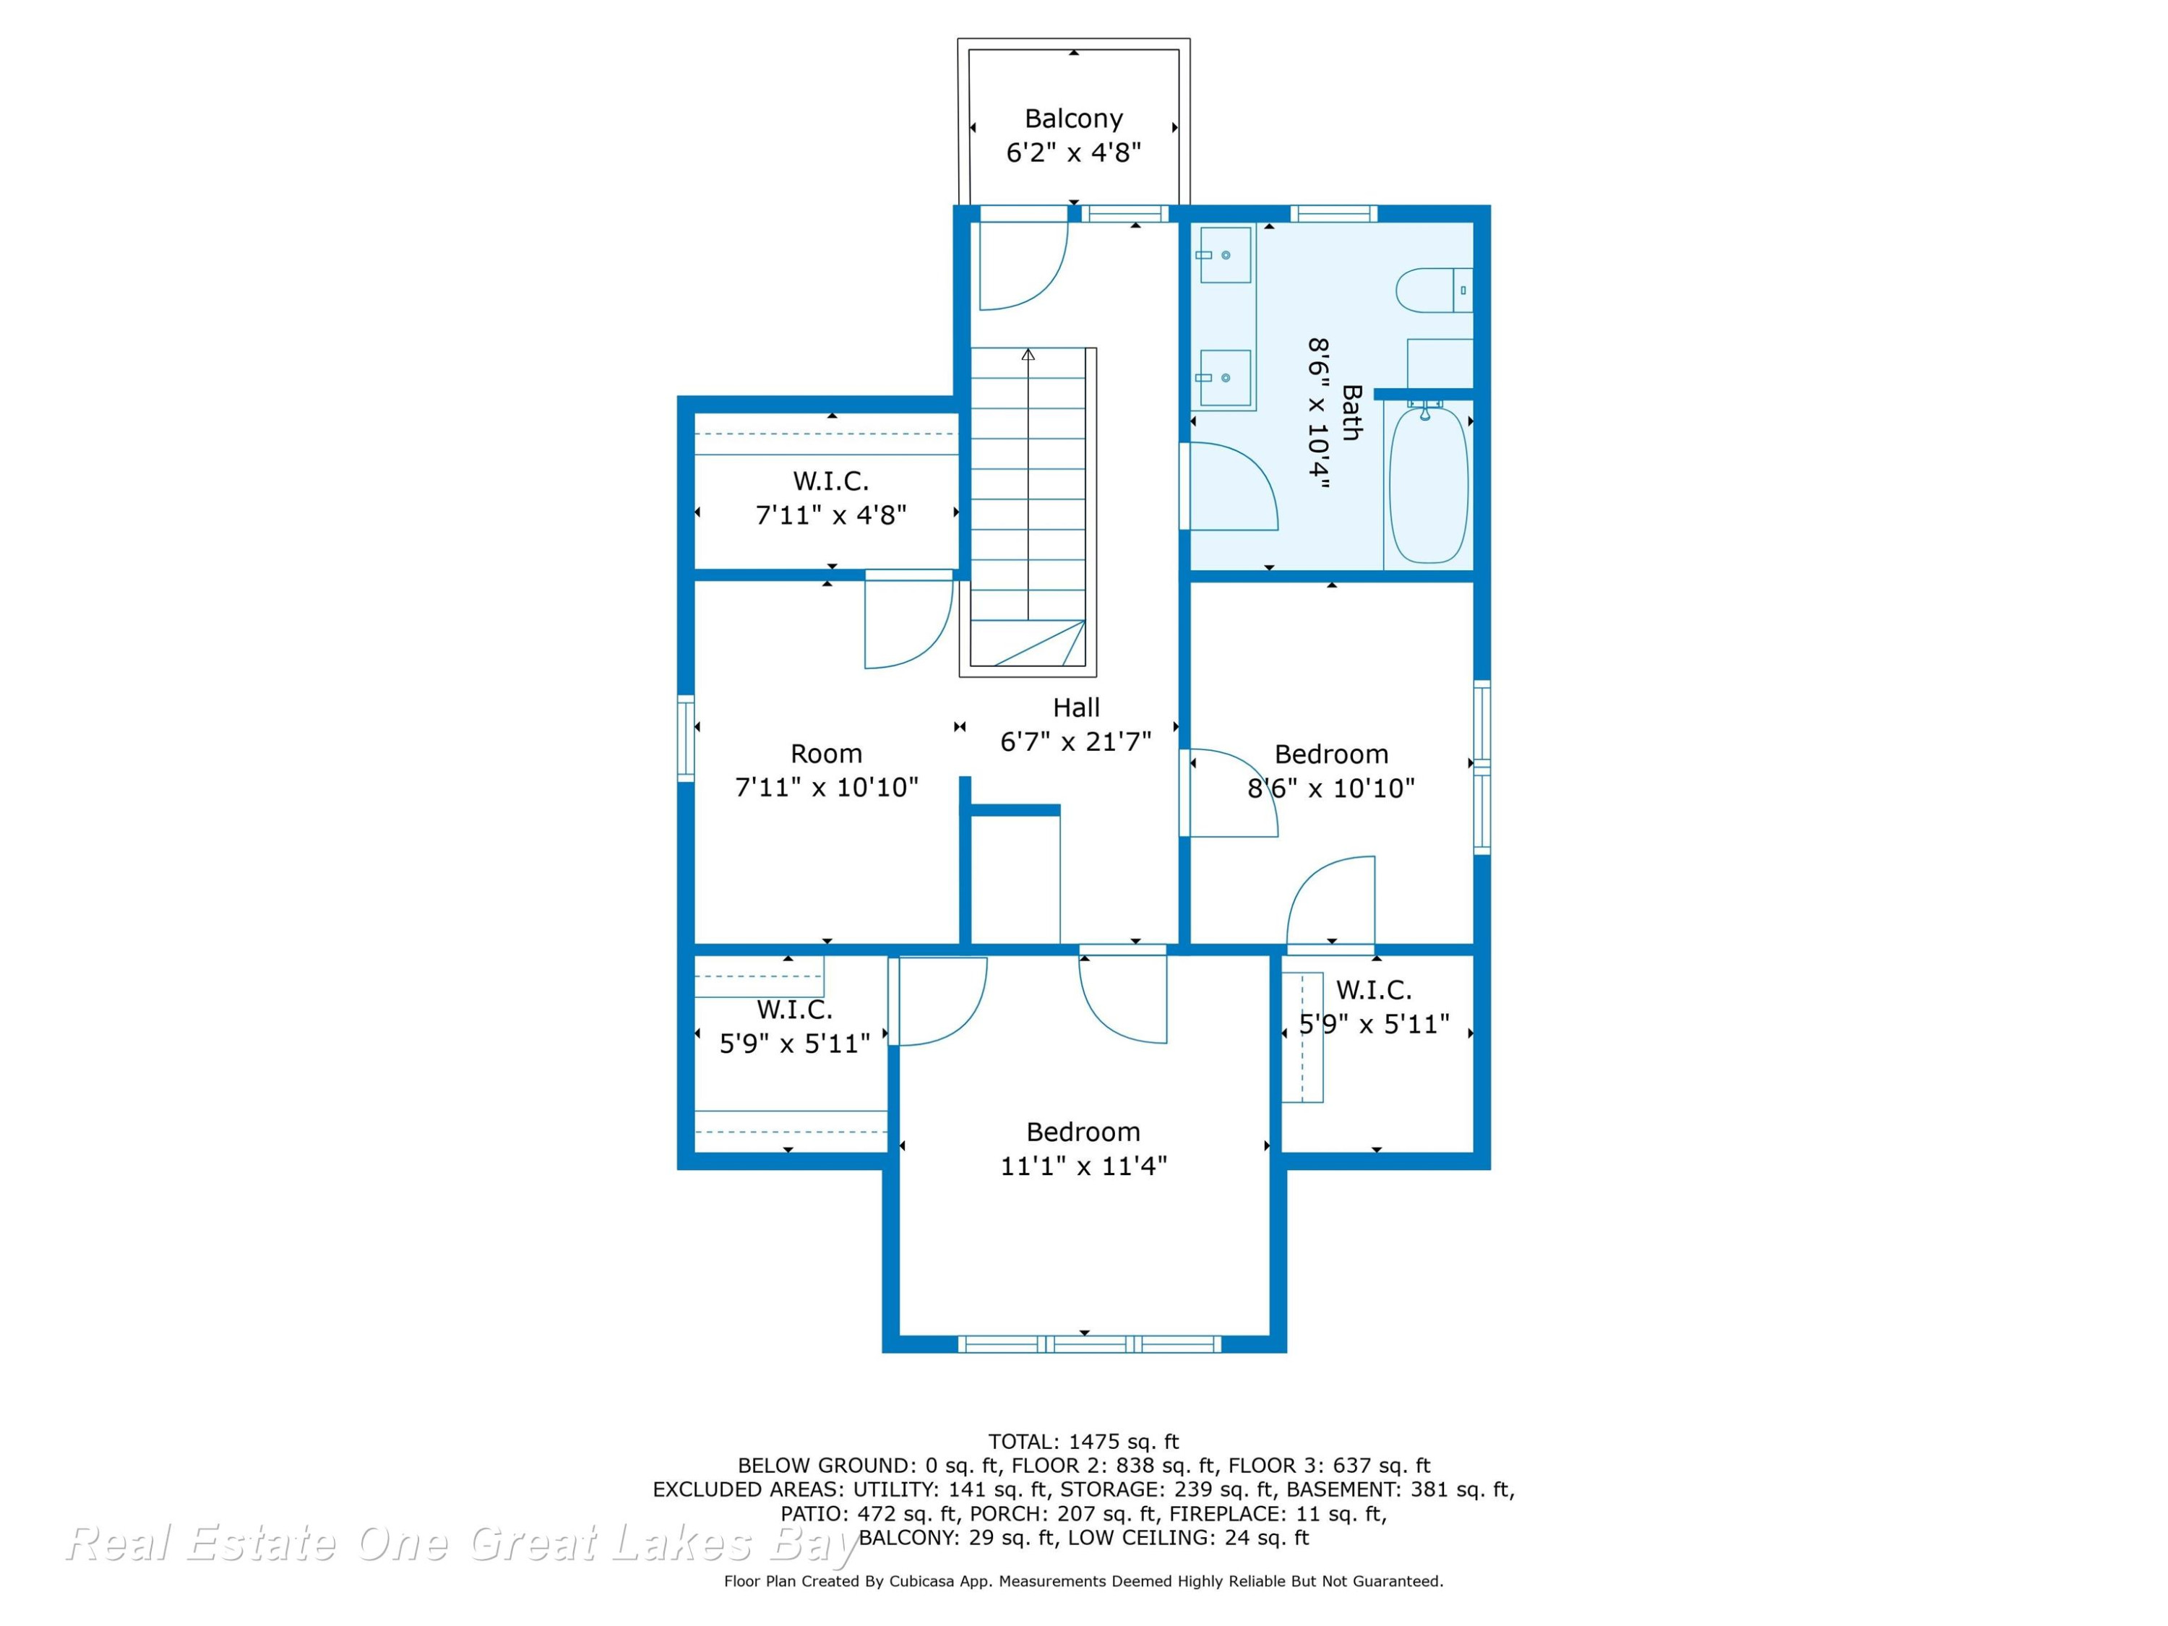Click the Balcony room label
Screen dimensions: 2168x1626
[1073, 119]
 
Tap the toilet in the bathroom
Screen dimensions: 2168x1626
[1434, 290]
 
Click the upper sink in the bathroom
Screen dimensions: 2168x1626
[1225, 255]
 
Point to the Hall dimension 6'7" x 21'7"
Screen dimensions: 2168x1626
[1075, 742]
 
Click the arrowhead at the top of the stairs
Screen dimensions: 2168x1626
[1028, 354]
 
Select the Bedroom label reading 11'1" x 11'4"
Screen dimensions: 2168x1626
[1083, 1166]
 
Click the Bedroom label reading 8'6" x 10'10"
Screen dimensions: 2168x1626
[1331, 788]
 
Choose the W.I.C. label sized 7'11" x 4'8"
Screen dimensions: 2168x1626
[830, 515]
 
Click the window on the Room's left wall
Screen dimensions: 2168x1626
[686, 738]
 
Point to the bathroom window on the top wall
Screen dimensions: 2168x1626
[1333, 214]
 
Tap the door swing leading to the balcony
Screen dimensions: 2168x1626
[1023, 267]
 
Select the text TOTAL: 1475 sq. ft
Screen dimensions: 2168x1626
[1083, 1442]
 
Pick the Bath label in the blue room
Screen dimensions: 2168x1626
[1351, 413]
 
